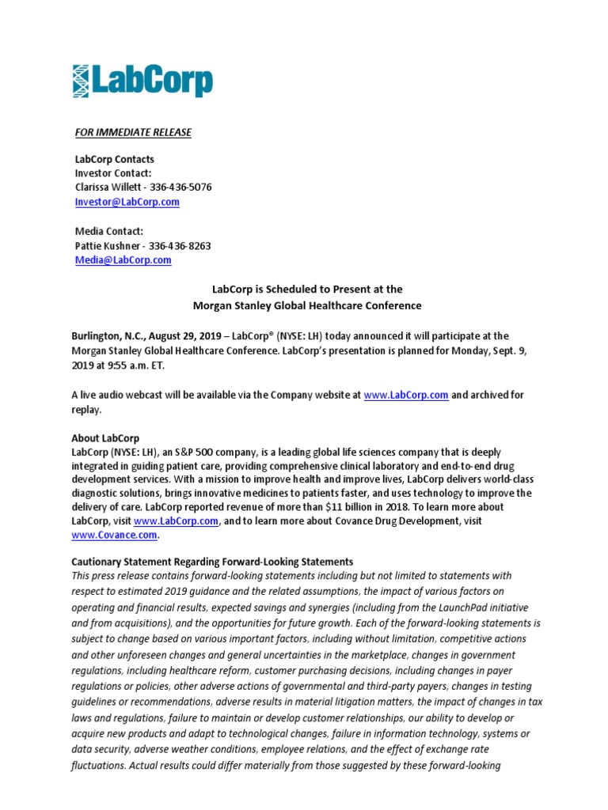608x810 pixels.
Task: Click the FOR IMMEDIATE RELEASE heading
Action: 133,132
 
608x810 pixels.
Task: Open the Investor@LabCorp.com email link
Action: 127,202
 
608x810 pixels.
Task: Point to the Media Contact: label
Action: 109,231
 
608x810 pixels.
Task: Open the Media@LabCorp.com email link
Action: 123,259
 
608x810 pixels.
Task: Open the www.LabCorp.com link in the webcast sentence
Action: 406,395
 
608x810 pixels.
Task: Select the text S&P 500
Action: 203,452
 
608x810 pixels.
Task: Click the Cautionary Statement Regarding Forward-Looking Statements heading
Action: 212,562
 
